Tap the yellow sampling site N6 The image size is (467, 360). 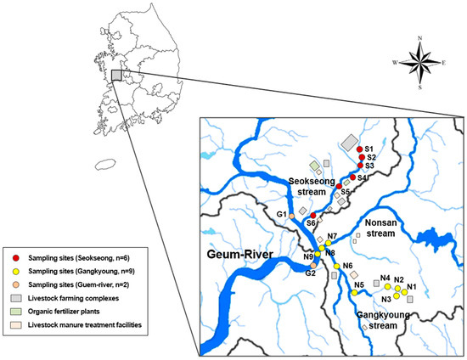pos(337,267)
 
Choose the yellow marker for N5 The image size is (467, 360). pos(352,293)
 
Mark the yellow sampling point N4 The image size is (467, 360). pos(387,287)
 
